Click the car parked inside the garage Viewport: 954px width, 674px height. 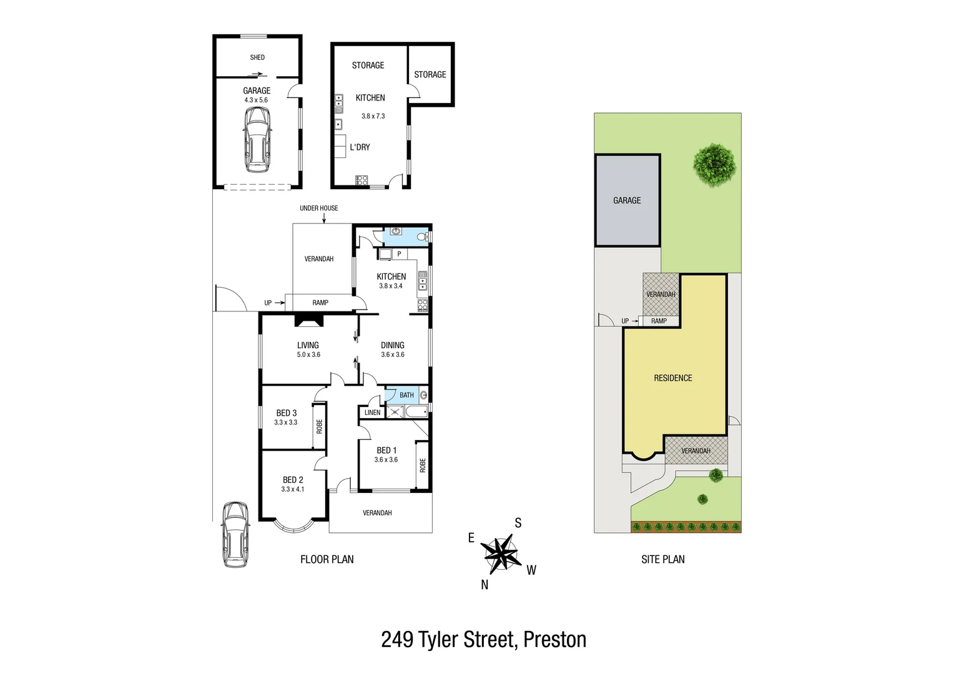coord(258,139)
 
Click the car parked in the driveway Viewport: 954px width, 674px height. coord(235,534)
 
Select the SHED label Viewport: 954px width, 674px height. coord(257,57)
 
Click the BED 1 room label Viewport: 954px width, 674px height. coord(386,450)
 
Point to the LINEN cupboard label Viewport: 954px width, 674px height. coord(372,413)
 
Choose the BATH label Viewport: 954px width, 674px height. coord(406,395)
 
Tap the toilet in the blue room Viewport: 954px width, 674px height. coord(425,237)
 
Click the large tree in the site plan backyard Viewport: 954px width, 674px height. coord(714,165)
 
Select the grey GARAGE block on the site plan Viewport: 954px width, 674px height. coord(627,200)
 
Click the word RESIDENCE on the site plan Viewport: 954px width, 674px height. coord(672,378)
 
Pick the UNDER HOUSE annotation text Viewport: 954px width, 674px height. coord(318,208)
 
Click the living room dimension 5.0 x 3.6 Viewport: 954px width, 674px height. coord(308,354)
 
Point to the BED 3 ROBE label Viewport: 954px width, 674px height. coord(319,426)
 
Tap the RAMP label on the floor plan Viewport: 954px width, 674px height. coord(320,303)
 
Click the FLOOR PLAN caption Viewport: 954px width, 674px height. coord(327,560)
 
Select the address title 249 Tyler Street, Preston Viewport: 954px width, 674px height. coord(483,640)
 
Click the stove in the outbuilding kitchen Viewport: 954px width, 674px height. coord(361,180)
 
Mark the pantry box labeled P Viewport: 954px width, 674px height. coord(399,254)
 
